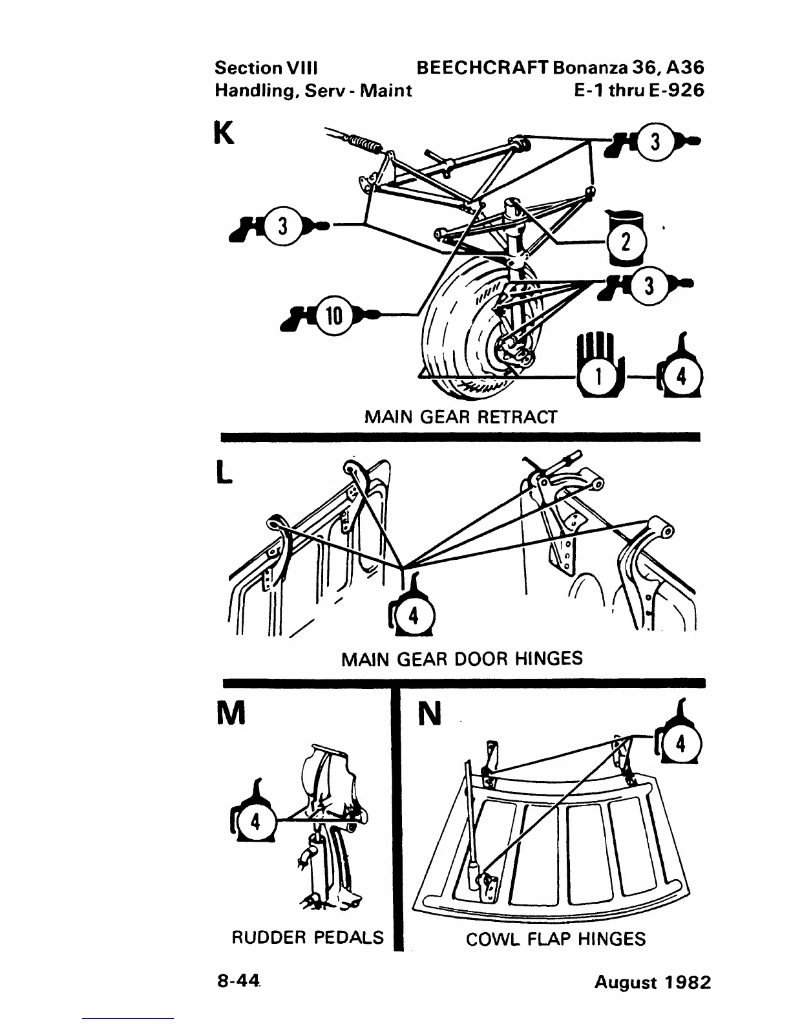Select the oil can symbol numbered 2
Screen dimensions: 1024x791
[x=624, y=240]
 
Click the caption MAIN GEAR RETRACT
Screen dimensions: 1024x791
[x=460, y=417]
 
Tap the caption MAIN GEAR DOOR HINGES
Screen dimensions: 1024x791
[x=461, y=659]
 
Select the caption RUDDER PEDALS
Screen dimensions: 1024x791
[x=308, y=937]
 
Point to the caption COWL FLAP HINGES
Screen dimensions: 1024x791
[x=555, y=939]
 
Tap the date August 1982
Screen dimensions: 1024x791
[x=652, y=983]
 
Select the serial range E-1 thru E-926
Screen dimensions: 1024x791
[x=638, y=90]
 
